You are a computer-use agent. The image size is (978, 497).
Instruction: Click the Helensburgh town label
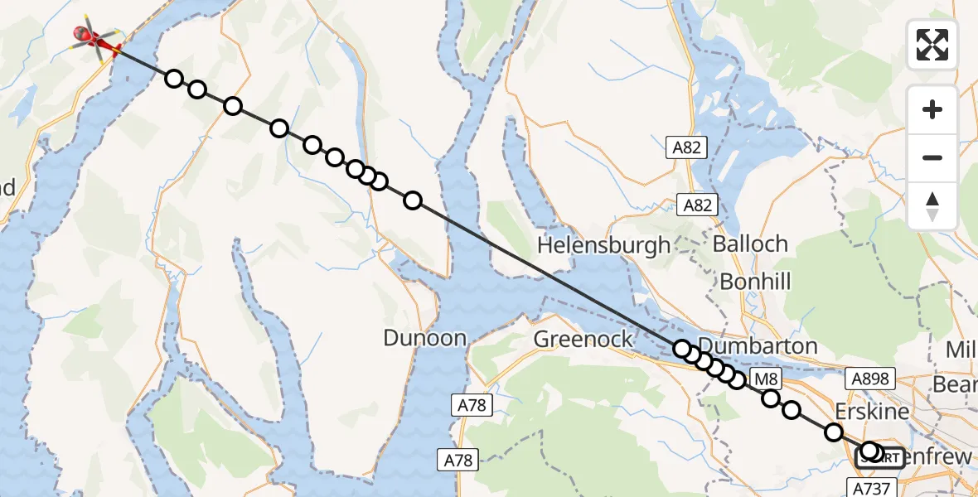click(603, 245)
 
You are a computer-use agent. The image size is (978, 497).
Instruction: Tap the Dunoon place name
click(425, 338)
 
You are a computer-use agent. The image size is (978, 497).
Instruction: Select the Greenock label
click(583, 339)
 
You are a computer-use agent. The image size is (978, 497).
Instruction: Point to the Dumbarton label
click(758, 346)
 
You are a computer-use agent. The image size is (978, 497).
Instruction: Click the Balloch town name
click(750, 244)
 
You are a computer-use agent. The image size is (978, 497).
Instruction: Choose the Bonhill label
click(754, 281)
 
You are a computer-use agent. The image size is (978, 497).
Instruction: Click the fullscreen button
click(932, 45)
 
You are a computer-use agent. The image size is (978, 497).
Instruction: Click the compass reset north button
click(932, 205)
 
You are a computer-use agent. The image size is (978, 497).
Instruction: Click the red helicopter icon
click(93, 37)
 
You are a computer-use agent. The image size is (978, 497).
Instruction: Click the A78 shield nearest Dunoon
click(474, 405)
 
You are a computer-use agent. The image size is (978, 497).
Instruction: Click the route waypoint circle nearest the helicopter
click(174, 79)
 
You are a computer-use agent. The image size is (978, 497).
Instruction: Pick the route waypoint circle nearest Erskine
click(834, 432)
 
